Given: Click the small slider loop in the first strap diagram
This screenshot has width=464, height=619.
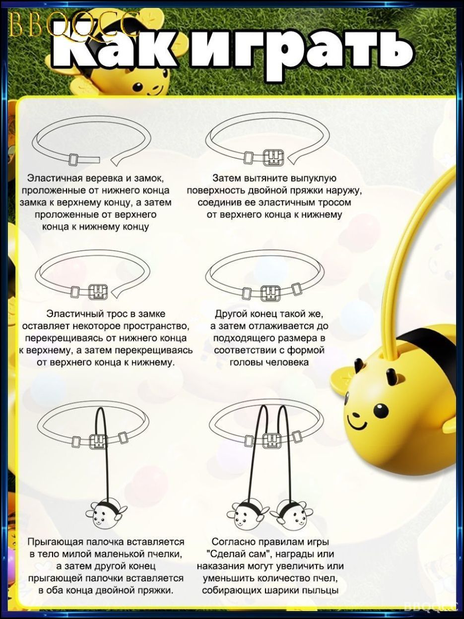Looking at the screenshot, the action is point(73,160).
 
